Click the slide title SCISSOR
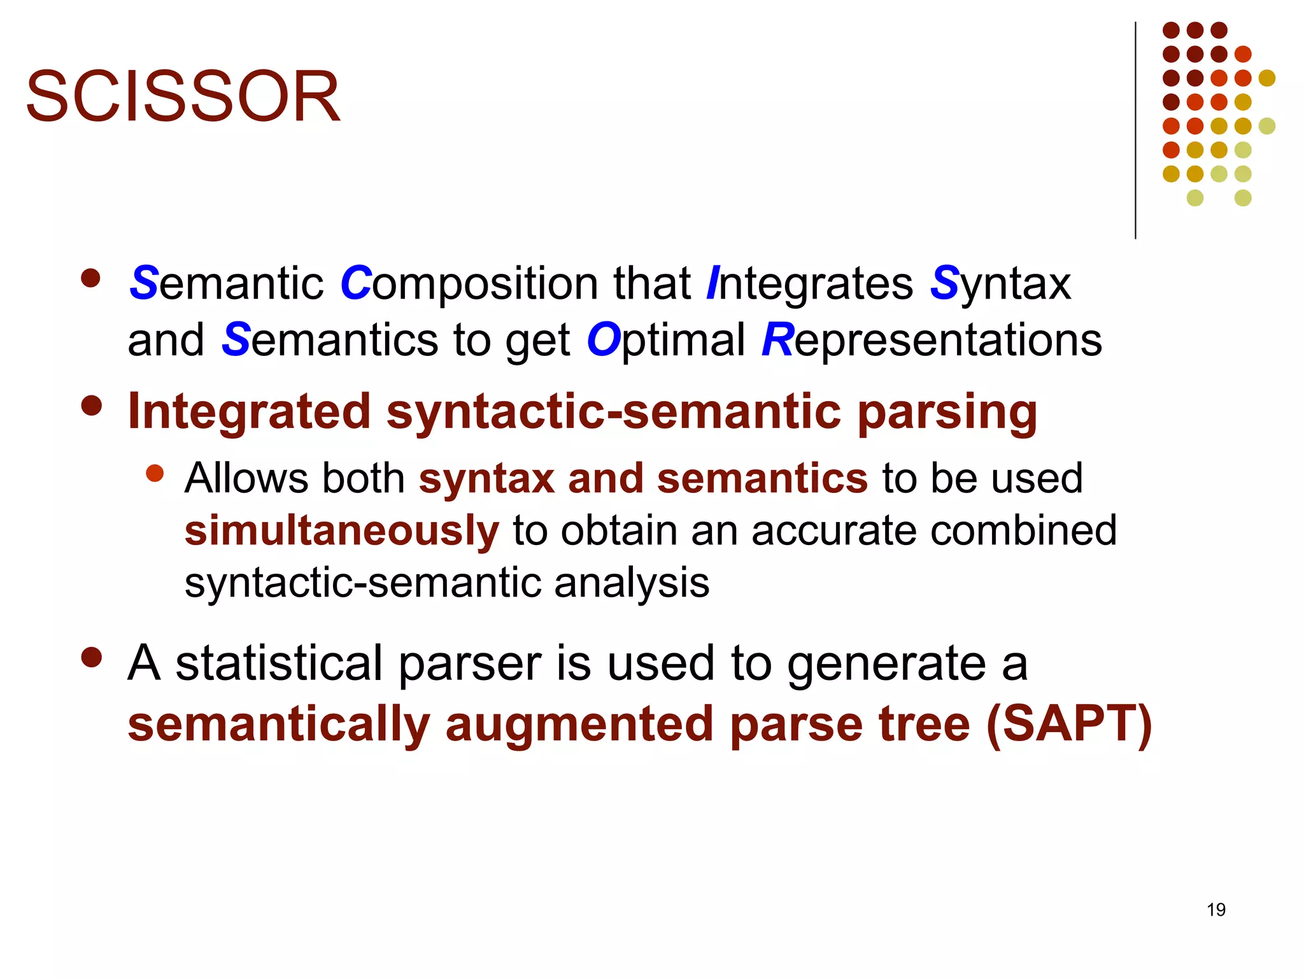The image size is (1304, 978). [x=183, y=97]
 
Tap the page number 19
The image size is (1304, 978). [x=1215, y=909]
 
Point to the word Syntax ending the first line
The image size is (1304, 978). [x=1000, y=283]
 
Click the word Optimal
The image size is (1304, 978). [x=665, y=339]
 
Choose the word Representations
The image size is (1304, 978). [x=932, y=339]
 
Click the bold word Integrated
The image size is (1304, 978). [x=249, y=411]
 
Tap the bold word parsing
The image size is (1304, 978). [x=947, y=413]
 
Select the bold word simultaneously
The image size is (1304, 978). [x=341, y=531]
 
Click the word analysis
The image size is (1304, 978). [x=631, y=582]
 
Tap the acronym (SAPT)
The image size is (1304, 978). [x=1068, y=724]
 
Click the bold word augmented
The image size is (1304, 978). [x=579, y=725]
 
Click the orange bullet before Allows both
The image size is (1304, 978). [x=155, y=473]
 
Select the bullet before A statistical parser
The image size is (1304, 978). [x=92, y=658]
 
